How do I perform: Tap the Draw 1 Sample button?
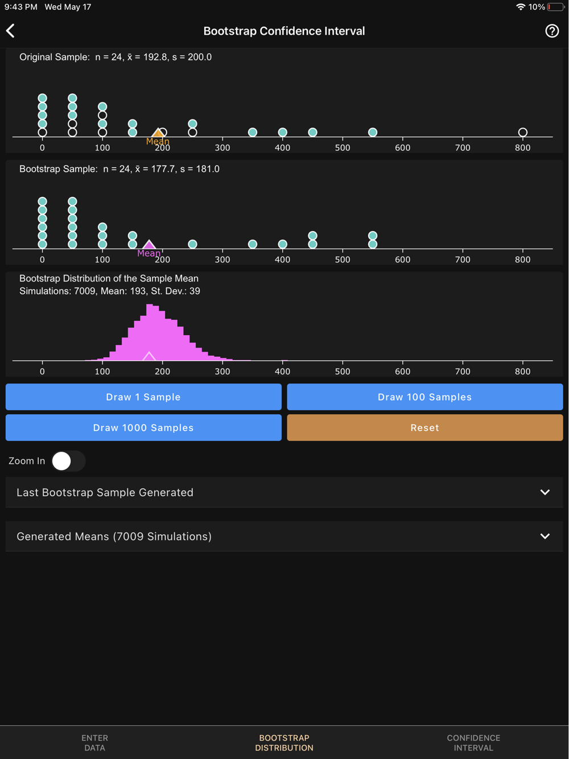click(x=143, y=397)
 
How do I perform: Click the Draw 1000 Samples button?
click(x=143, y=428)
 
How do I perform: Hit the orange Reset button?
click(x=424, y=428)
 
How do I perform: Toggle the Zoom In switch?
click(x=68, y=461)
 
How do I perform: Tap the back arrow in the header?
click(x=11, y=31)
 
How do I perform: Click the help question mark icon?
click(x=551, y=31)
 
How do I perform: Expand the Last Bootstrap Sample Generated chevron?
click(x=545, y=492)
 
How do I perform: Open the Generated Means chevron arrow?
click(x=545, y=536)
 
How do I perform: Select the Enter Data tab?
click(x=94, y=742)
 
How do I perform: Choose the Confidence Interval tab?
click(x=473, y=742)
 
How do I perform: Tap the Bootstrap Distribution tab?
click(x=284, y=742)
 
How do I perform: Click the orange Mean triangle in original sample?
click(x=158, y=133)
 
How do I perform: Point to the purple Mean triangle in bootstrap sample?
click(x=149, y=245)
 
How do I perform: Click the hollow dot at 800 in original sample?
click(x=522, y=133)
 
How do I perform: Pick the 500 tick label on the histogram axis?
click(x=343, y=372)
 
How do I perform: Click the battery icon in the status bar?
click(x=556, y=7)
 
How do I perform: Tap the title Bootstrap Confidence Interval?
click(x=284, y=31)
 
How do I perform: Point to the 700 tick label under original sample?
click(x=463, y=148)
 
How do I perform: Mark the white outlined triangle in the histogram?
click(x=149, y=357)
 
